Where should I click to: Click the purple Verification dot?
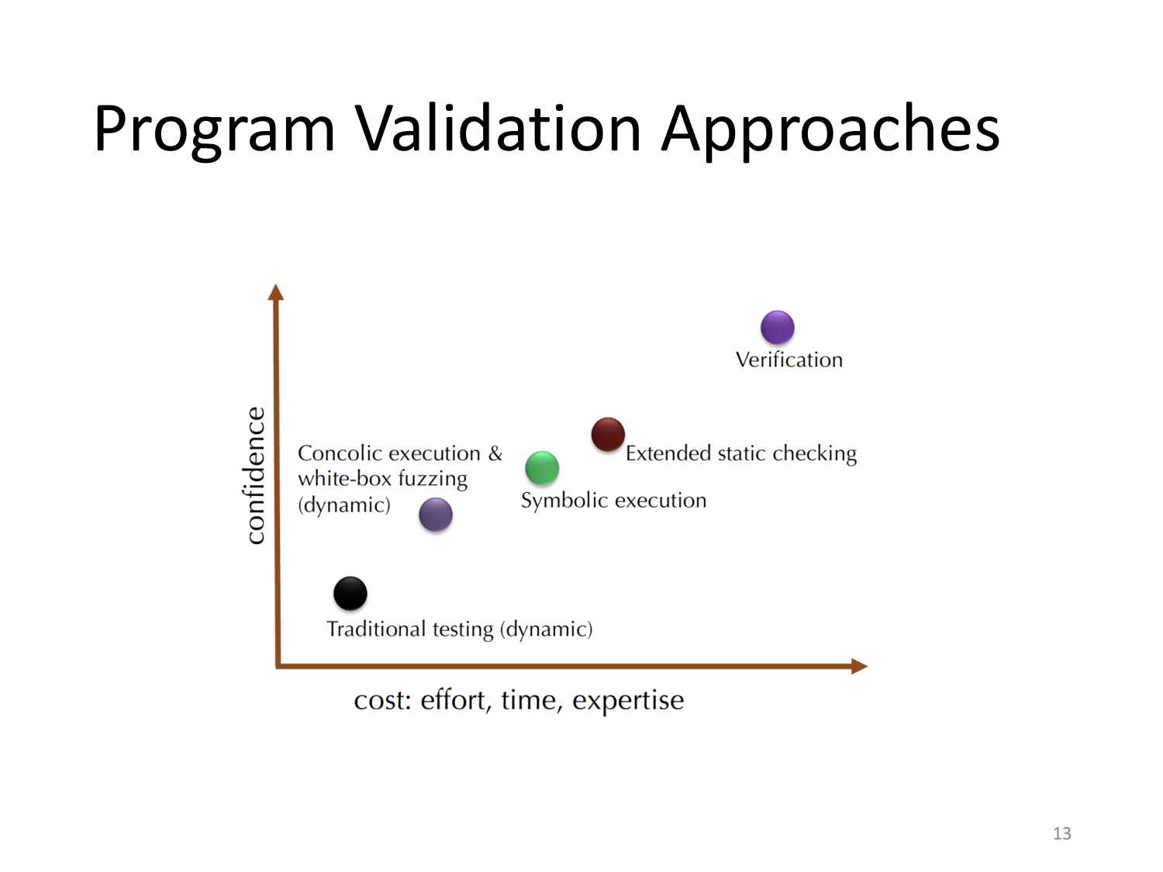point(777,327)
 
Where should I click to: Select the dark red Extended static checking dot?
point(608,434)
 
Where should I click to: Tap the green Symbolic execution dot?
point(542,468)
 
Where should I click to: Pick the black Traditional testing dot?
point(350,594)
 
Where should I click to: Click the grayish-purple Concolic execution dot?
point(436,515)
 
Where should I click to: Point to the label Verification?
point(789,360)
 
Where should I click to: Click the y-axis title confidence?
point(255,475)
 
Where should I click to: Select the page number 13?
point(1061,833)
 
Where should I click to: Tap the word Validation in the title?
point(499,128)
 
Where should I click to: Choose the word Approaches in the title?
point(830,129)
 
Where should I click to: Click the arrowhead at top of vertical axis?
point(276,292)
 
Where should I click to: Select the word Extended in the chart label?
point(668,453)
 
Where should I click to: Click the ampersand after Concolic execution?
point(495,453)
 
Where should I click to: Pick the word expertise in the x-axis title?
point(628,701)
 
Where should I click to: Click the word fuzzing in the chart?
point(433,480)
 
